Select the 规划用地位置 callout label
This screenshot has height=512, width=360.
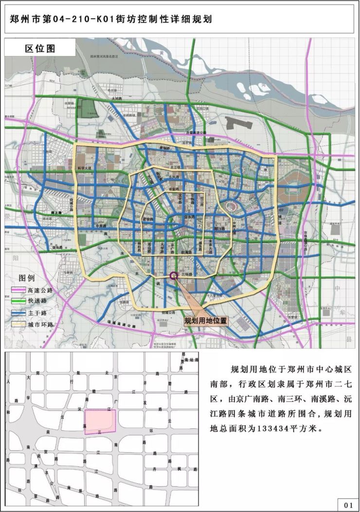tap(205, 321)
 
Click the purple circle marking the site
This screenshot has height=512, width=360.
tap(174, 275)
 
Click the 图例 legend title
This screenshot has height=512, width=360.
tap(27, 279)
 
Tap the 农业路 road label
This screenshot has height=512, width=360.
tap(174, 188)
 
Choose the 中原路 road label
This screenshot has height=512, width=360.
tap(101, 226)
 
